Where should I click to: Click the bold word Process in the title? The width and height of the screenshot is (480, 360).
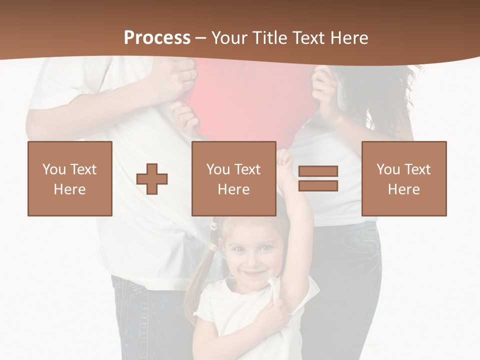tap(157, 37)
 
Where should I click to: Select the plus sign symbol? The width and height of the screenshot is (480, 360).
tap(152, 179)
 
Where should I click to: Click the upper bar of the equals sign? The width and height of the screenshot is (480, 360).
tap(318, 171)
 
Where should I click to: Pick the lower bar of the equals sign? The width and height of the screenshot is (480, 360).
tap(318, 185)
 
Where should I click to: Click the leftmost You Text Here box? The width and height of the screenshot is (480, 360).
tap(70, 178)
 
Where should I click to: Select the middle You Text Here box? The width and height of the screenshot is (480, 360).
tap(234, 178)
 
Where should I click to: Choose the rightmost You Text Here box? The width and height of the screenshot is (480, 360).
tap(404, 178)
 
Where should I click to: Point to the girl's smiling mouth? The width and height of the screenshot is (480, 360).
tap(254, 274)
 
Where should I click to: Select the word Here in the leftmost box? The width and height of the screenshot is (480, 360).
tap(70, 189)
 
